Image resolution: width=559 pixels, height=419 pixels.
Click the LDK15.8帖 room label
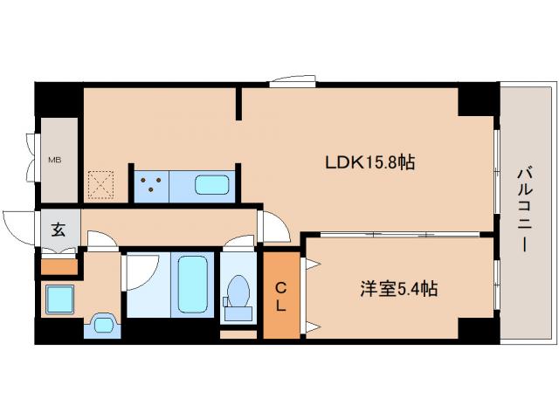pyautogui.click(x=369, y=162)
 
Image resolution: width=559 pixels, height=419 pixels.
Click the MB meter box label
pyautogui.click(x=55, y=161)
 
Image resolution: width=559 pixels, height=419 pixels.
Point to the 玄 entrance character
pyautogui.click(x=58, y=230)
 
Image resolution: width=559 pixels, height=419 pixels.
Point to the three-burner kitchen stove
pyautogui.click(x=150, y=183)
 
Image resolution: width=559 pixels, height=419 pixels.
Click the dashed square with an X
pyautogui.click(x=103, y=184)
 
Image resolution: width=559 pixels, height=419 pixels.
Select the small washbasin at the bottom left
pyautogui.click(x=104, y=325)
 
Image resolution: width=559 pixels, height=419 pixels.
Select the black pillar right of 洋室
pyautogui.click(x=478, y=330)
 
